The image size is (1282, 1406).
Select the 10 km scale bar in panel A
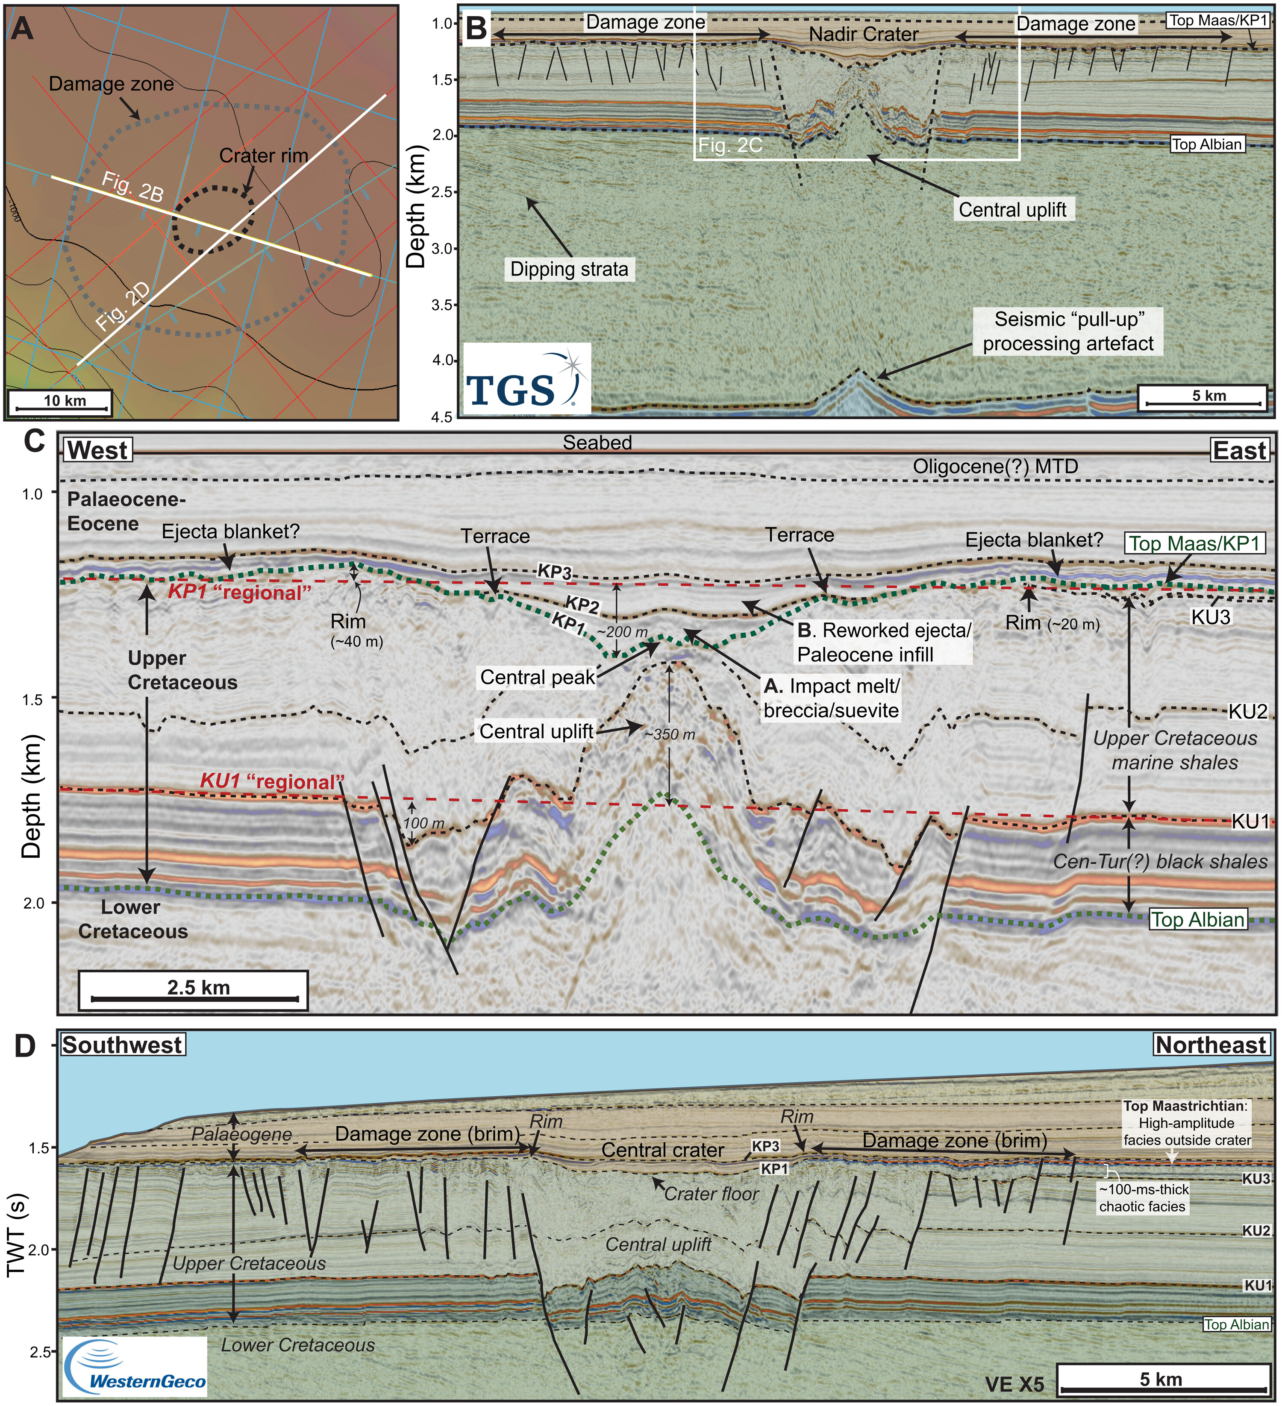pos(59,402)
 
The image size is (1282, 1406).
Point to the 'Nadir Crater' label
pos(864,34)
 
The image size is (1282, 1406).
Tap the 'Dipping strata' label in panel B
pos(569,269)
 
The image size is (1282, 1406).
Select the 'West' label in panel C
pos(98,451)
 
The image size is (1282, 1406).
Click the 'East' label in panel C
pos(1239,451)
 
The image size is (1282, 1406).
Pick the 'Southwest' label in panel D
pos(122,1045)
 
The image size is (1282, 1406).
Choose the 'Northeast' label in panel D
pos(1210,1045)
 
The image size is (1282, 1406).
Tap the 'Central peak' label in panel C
pos(537,677)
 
